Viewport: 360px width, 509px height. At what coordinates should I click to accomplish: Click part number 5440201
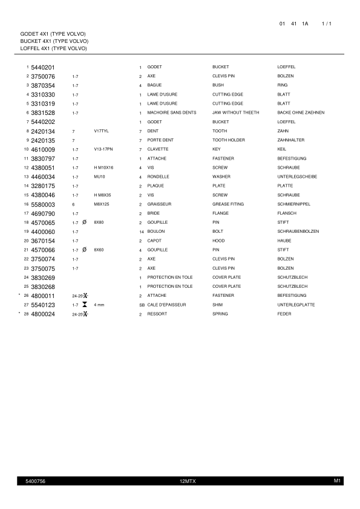pyautogui.click(x=43, y=67)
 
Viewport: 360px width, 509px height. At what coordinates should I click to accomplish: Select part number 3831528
pyautogui.click(x=43, y=112)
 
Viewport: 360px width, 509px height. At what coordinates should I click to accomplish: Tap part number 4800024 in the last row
pyautogui.click(x=43, y=314)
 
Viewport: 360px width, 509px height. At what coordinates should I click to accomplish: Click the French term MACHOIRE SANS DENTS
pyautogui.click(x=172, y=112)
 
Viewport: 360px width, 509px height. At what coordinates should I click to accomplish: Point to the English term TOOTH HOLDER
pyautogui.click(x=228, y=140)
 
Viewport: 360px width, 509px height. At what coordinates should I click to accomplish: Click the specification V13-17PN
pyautogui.click(x=105, y=149)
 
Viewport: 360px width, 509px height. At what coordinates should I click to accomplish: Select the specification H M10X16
pyautogui.click(x=104, y=167)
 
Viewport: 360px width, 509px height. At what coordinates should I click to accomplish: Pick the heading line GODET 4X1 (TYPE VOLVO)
pyautogui.click(x=53, y=33)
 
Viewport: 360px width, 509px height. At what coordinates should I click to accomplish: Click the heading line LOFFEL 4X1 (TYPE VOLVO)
pyautogui.click(x=54, y=48)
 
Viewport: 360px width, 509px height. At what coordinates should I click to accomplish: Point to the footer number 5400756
pyautogui.click(x=36, y=481)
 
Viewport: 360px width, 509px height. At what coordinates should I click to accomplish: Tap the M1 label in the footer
pyautogui.click(x=338, y=481)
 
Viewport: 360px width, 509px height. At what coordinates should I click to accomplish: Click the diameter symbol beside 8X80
pyautogui.click(x=85, y=222)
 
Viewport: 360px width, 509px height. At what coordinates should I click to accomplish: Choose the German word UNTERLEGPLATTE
pyautogui.click(x=296, y=305)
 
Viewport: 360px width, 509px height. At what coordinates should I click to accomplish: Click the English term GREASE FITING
pyautogui.click(x=228, y=204)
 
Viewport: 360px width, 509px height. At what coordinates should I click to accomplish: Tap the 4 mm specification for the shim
pyautogui.click(x=99, y=305)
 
